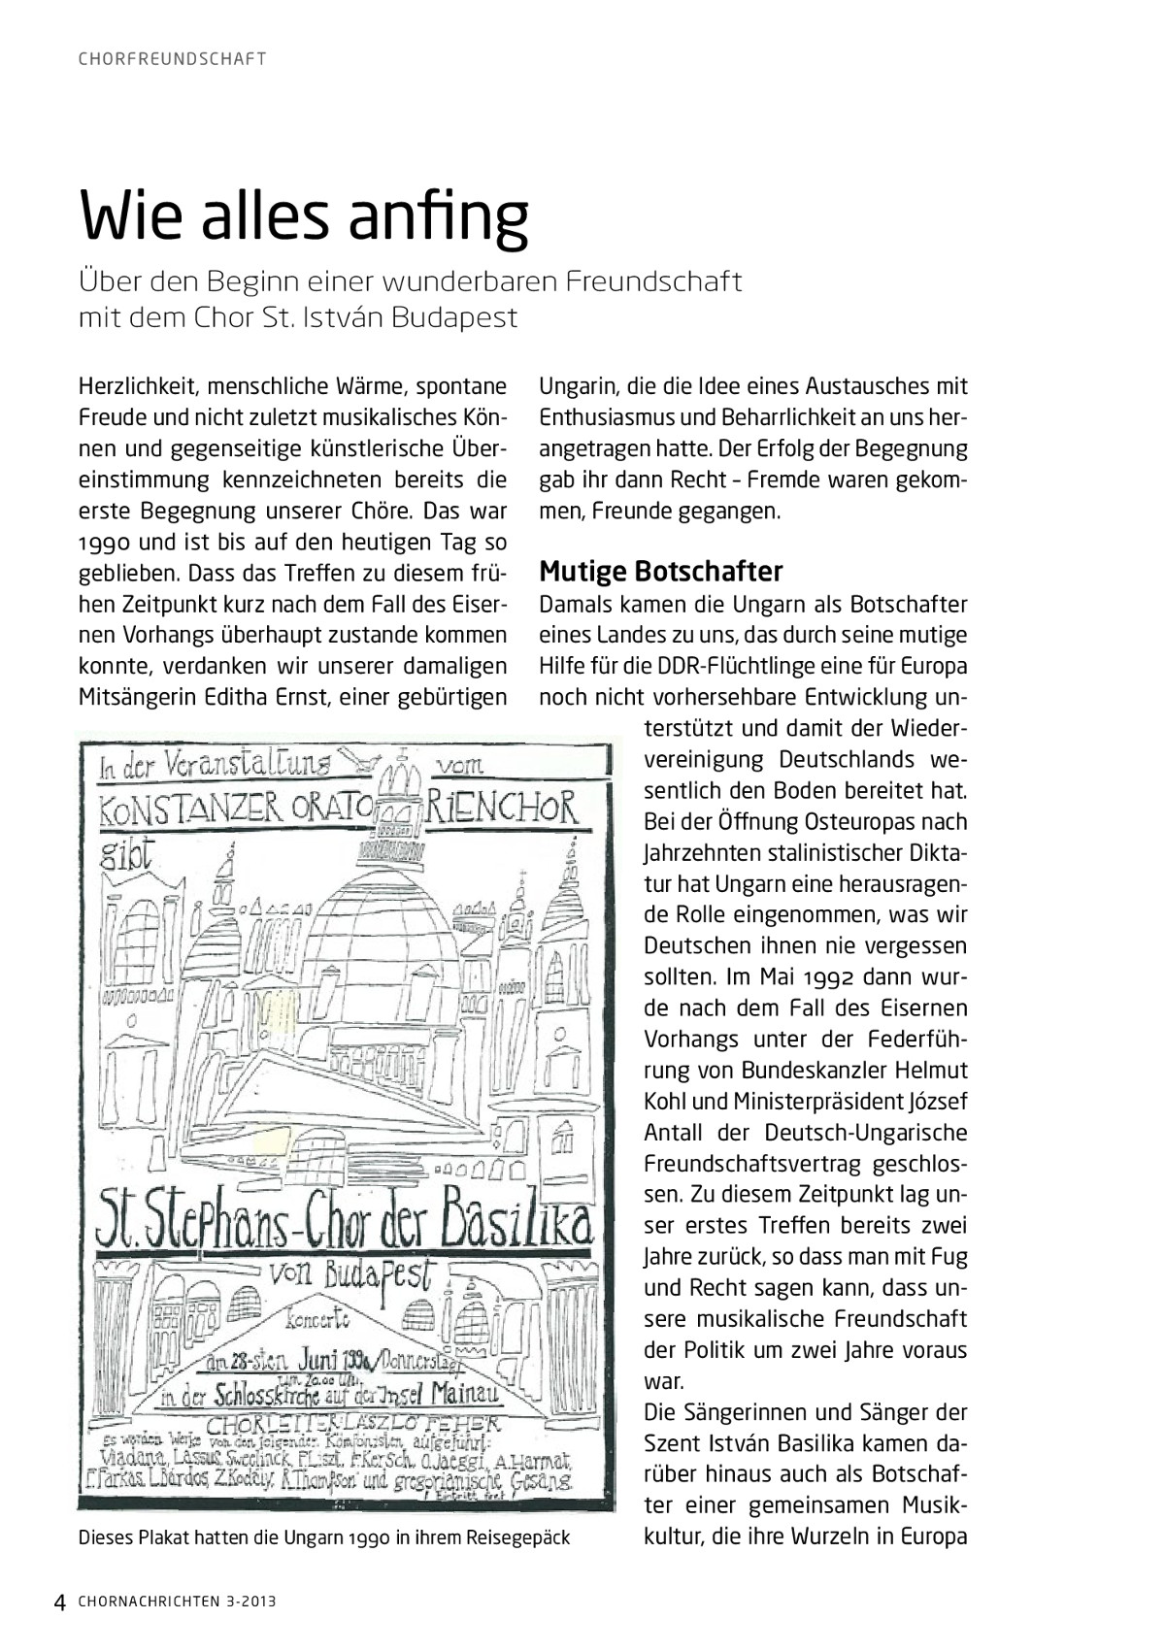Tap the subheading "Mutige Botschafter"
[660, 570]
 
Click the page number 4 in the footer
[59, 1602]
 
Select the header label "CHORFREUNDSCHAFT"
[172, 58]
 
